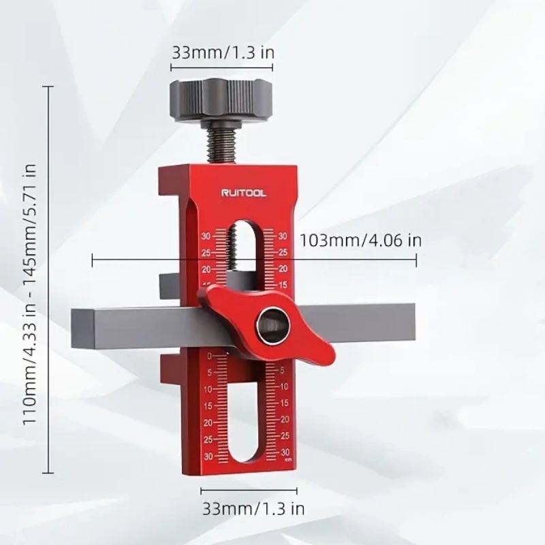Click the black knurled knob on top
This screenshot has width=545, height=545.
click(220, 99)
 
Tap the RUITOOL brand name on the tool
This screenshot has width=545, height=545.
click(245, 193)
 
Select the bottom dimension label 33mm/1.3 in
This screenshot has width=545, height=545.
click(253, 508)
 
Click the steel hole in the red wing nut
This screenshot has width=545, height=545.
click(273, 328)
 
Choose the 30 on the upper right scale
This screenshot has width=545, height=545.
click(283, 236)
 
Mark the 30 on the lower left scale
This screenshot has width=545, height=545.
click(208, 456)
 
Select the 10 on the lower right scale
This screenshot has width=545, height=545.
click(284, 386)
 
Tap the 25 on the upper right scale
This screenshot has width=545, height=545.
click(283, 252)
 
